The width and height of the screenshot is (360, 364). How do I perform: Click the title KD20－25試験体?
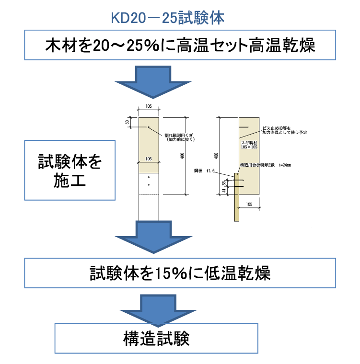click(x=167, y=18)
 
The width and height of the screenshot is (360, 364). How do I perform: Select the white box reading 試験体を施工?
click(x=70, y=170)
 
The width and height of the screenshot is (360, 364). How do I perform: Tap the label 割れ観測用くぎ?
click(x=178, y=135)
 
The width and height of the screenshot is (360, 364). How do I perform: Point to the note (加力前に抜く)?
click(x=181, y=139)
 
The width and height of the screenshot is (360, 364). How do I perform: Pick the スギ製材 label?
click(x=249, y=142)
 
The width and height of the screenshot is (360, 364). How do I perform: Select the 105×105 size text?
click(x=249, y=147)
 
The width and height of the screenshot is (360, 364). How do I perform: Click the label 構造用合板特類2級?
click(x=257, y=165)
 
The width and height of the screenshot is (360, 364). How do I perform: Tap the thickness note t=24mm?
click(x=285, y=165)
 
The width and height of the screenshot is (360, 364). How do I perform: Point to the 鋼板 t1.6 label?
click(x=204, y=171)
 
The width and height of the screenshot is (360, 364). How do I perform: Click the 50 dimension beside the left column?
click(x=127, y=123)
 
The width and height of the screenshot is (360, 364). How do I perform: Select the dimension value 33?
click(x=224, y=183)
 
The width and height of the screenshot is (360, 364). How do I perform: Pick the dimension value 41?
click(x=224, y=191)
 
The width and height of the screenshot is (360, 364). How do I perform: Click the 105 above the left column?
click(x=148, y=106)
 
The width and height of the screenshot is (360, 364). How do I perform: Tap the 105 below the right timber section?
click(x=249, y=204)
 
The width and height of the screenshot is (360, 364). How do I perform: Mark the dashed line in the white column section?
click(x=149, y=194)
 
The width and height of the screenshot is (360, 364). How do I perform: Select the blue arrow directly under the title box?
click(x=153, y=82)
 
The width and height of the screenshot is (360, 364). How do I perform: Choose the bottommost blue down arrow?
click(x=158, y=311)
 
